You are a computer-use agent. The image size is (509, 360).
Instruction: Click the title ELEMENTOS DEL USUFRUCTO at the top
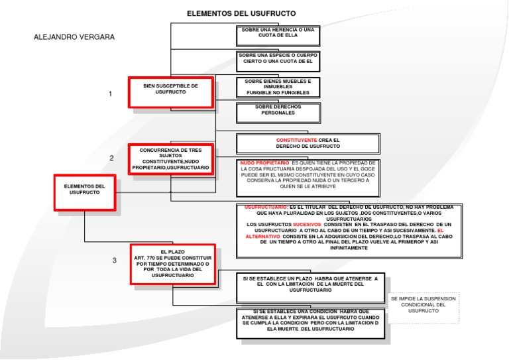click(241, 13)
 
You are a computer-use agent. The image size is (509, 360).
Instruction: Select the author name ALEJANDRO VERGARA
click(74, 37)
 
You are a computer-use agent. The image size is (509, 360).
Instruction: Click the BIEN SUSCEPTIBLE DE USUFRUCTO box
click(171, 91)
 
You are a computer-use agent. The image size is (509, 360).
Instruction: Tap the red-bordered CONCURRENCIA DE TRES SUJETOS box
click(171, 160)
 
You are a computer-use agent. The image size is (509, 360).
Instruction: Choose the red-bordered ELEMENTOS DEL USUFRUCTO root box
click(85, 192)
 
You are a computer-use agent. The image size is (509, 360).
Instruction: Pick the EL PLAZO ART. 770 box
click(172, 264)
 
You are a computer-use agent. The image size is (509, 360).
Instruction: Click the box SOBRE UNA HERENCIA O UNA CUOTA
click(278, 33)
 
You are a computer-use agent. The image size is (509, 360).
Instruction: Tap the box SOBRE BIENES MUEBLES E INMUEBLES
click(278, 87)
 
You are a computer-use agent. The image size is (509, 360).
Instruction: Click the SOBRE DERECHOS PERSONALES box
click(278, 110)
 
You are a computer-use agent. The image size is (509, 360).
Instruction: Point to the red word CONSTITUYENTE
click(296, 141)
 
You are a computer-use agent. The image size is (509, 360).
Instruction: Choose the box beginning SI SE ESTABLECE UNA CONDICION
click(310, 320)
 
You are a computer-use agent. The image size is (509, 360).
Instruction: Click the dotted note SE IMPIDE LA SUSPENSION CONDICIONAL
click(423, 305)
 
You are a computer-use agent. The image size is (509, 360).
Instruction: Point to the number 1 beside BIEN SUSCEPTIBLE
click(110, 94)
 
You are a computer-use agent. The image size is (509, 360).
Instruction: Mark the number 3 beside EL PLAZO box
click(114, 261)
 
